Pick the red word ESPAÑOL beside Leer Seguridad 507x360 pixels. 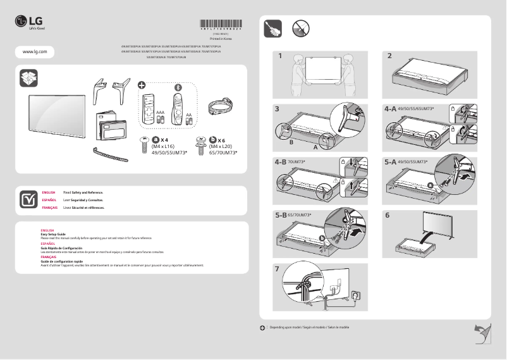click(x=49, y=199)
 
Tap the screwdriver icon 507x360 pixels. click(x=272, y=28)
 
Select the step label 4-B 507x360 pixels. click(x=281, y=161)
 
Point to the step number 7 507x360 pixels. click(x=278, y=268)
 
